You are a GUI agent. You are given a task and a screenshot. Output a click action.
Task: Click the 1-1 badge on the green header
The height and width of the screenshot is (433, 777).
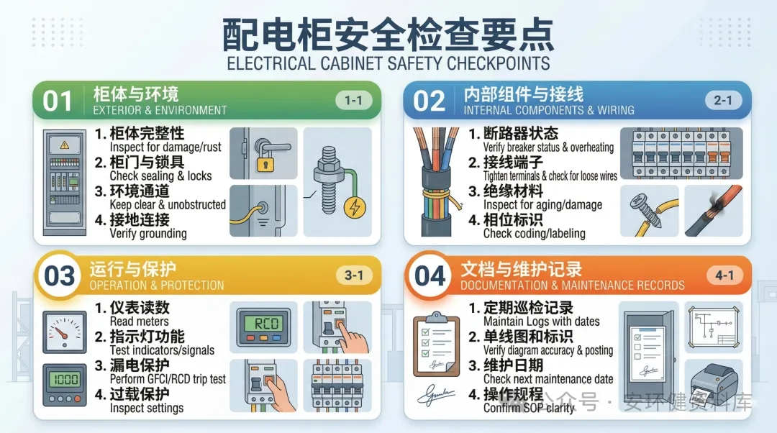coord(353,101)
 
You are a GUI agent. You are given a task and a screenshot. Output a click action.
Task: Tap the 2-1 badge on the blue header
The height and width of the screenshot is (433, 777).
coord(723,101)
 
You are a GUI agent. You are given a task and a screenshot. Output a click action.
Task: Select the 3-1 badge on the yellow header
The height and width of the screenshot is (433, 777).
coord(354,275)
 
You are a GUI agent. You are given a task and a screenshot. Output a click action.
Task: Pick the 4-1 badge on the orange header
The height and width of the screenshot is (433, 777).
coord(724,275)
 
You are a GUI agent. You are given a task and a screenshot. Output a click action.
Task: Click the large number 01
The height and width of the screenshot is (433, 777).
coord(58,101)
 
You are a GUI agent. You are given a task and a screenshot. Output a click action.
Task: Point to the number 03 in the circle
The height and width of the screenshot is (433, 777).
coord(60,276)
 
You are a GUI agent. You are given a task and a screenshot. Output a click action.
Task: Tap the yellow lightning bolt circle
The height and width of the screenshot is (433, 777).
coord(355,208)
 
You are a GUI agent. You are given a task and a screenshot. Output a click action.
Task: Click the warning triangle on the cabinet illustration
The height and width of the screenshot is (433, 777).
coord(65,145)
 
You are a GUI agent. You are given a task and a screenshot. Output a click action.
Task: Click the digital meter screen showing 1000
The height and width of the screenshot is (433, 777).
coord(65,380)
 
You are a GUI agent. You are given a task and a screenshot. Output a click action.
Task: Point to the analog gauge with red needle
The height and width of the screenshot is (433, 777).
coord(65,332)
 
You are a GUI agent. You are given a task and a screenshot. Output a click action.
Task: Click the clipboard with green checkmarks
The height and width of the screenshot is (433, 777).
coord(435,345)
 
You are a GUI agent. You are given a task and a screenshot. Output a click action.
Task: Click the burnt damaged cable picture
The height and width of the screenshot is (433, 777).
coord(714,211)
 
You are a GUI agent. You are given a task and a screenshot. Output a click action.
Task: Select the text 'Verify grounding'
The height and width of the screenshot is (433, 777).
coord(148,233)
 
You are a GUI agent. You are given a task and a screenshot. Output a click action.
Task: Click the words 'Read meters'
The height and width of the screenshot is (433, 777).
coord(140,322)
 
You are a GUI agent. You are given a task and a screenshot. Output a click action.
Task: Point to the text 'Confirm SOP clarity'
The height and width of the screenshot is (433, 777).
coord(529,408)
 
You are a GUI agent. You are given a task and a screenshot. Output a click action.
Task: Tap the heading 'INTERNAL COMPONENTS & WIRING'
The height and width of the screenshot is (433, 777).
coord(549,110)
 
